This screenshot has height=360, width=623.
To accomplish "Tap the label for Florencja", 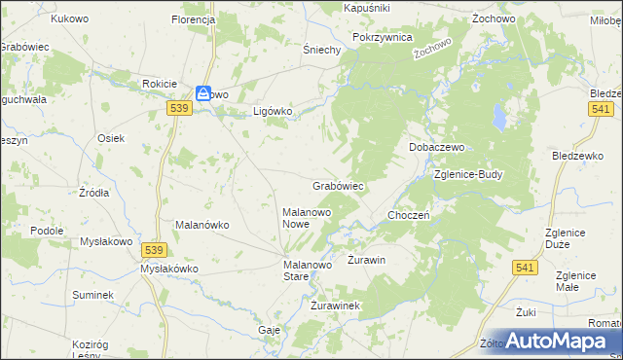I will coord(193,19).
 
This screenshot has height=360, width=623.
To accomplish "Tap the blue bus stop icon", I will coord(202,93).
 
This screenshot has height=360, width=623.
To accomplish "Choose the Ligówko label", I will coord(273,111).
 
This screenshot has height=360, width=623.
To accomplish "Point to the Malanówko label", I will coord(202,225).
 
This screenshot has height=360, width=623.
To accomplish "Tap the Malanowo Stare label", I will coord(309,270).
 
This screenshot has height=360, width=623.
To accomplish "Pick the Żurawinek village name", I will coord(336,306).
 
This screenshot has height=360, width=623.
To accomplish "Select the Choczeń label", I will coord(409,215).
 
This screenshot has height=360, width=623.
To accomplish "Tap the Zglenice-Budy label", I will coord(468,175).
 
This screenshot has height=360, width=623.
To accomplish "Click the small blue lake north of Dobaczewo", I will coord(497,120).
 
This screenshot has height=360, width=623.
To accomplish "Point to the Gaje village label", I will coord(270,330).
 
